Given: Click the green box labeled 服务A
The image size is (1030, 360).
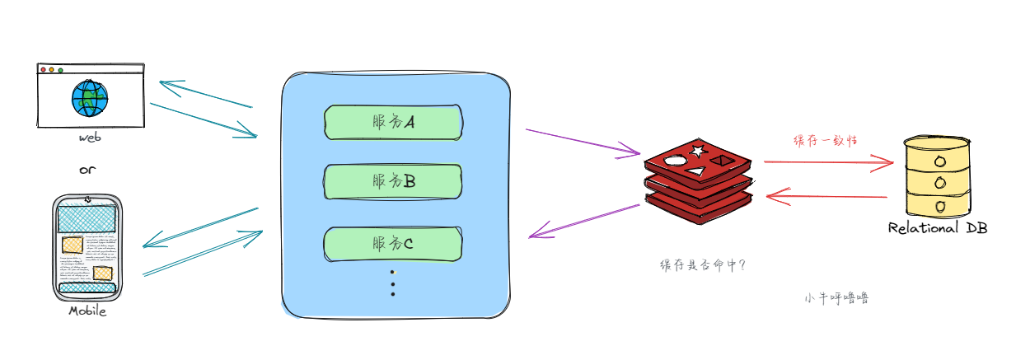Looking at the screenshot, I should click(x=392, y=122).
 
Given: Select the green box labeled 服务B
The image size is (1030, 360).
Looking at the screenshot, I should click(x=392, y=181).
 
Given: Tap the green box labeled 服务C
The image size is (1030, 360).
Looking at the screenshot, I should click(x=392, y=243).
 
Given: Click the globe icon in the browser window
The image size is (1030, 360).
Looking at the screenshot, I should click(x=89, y=98).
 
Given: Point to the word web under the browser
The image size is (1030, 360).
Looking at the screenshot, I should click(x=89, y=138).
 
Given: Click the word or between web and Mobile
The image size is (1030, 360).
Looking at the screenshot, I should click(x=87, y=171).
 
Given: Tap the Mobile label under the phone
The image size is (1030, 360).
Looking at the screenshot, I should click(x=87, y=311).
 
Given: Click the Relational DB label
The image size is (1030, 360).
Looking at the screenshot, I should click(x=937, y=228).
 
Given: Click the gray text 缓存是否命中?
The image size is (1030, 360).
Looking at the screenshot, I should click(x=703, y=266).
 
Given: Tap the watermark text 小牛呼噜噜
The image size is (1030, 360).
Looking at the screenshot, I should click(x=836, y=298).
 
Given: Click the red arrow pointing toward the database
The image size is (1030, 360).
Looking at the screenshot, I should click(x=828, y=163).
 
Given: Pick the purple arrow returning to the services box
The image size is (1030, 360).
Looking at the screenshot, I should click(x=584, y=221).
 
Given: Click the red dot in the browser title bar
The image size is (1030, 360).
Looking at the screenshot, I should click(x=44, y=70).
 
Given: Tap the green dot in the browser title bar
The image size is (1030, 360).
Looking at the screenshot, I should click(x=60, y=70).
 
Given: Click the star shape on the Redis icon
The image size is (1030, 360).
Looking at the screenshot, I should click(x=698, y=151).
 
